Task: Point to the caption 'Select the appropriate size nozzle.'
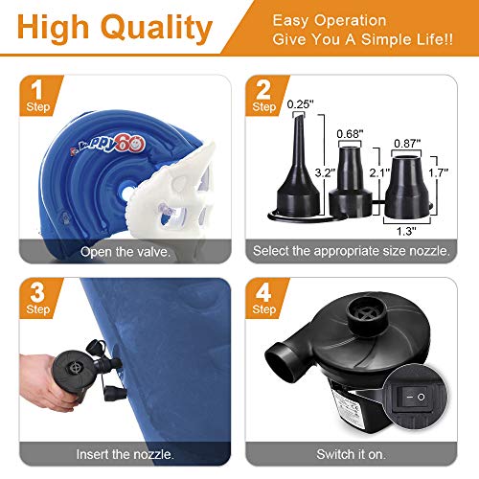coord(354,252)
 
